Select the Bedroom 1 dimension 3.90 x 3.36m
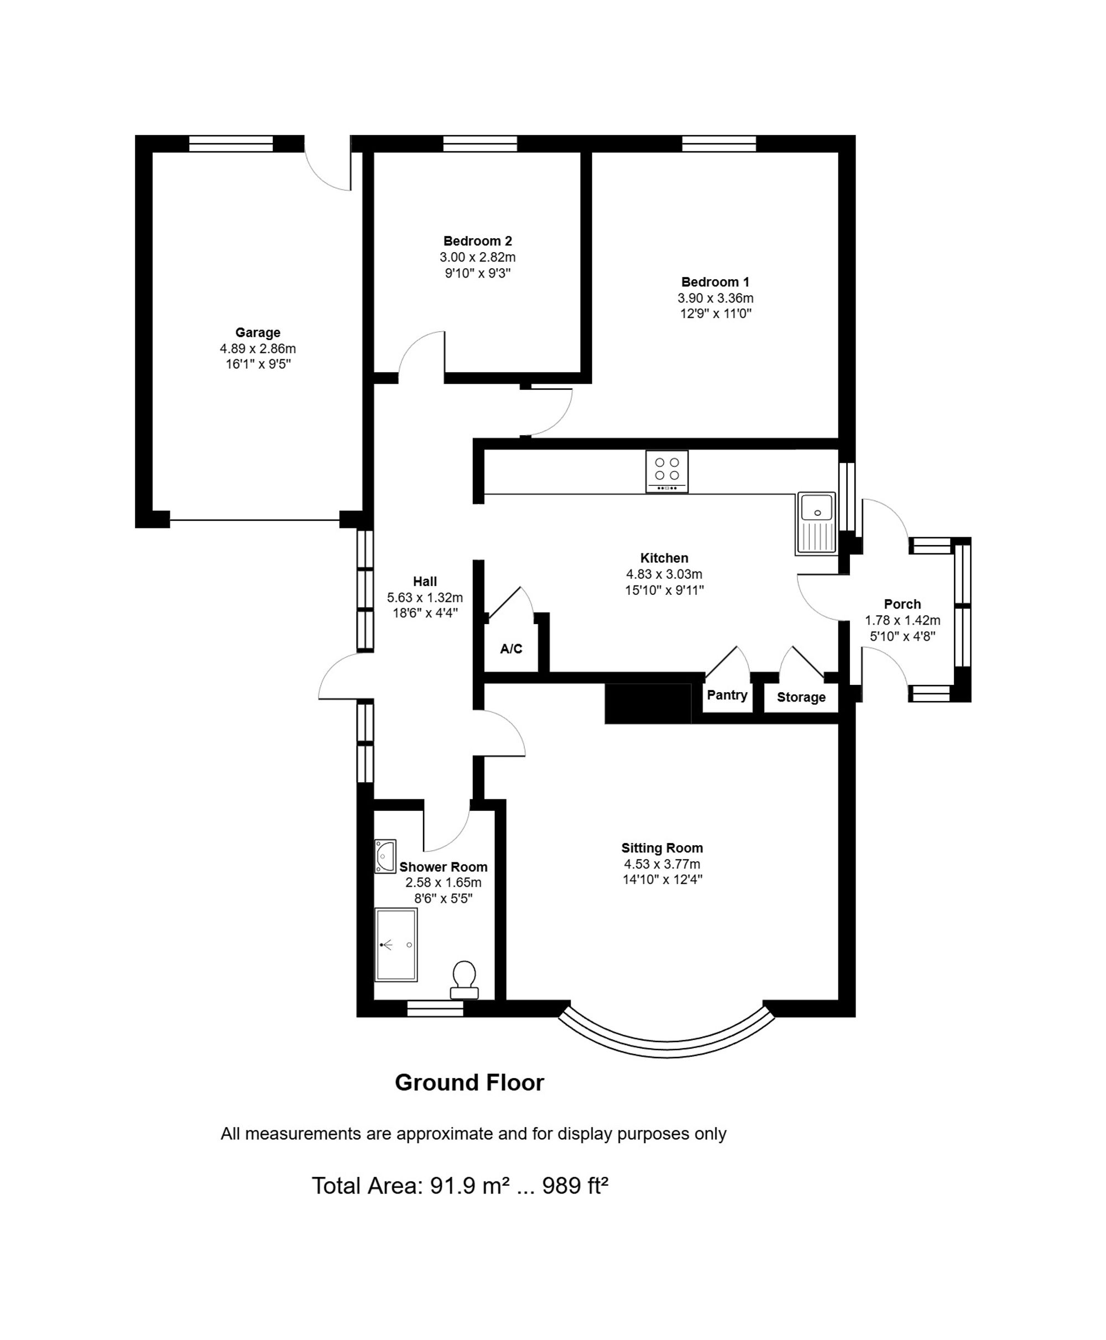[715, 298]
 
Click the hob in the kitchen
[666, 472]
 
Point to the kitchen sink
[816, 523]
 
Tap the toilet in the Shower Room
[464, 980]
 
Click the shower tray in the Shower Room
[395, 945]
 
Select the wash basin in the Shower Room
[385, 856]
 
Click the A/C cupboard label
[511, 649]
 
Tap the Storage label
[801, 698]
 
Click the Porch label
[902, 604]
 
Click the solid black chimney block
[648, 704]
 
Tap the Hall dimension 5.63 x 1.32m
[425, 598]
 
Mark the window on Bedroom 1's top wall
[719, 143]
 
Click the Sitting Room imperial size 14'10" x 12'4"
[662, 880]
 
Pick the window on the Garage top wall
[231, 143]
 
